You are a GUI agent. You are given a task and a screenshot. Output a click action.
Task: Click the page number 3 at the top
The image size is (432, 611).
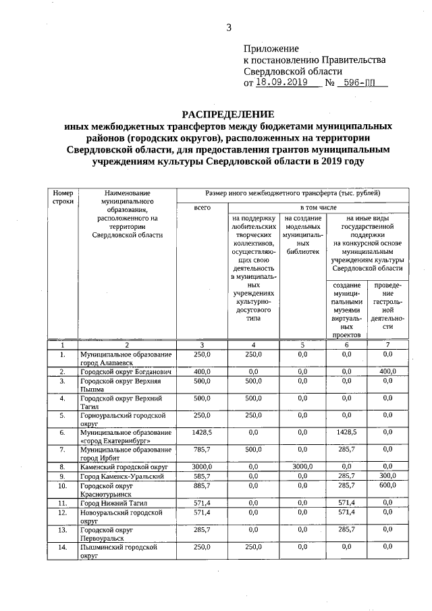coord(228,28)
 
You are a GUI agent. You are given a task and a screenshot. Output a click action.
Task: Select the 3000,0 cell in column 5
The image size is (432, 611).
coord(302,466)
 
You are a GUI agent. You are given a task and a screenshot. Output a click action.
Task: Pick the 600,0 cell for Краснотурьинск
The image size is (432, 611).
coord(387,485)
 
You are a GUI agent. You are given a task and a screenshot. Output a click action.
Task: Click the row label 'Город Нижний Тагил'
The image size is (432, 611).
coord(110,503)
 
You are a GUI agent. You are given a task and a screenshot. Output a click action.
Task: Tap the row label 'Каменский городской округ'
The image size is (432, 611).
coord(124,466)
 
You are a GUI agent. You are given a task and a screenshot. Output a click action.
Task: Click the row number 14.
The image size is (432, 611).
coord(62,547)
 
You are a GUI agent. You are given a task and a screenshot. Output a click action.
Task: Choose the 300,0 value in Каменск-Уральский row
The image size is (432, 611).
coord(387,476)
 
